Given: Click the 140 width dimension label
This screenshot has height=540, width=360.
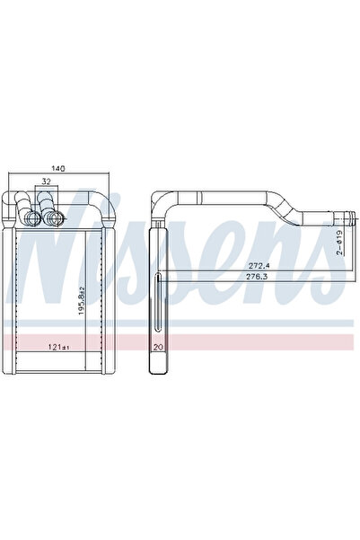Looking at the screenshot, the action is click(58, 168).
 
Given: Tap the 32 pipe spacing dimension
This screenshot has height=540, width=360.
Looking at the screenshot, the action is click(46, 181).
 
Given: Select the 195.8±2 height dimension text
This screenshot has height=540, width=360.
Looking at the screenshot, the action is click(81, 300).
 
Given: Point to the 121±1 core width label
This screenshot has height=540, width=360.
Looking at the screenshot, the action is click(59, 347).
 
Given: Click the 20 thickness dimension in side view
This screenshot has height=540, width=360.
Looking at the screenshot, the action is click(158, 347).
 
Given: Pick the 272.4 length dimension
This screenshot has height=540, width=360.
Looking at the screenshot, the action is click(256, 266).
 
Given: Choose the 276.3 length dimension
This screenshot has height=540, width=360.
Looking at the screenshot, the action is click(256, 276).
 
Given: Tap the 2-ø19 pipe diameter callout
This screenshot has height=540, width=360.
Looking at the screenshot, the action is click(339, 243).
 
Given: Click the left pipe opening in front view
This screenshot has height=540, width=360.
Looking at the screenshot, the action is click(33, 217).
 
